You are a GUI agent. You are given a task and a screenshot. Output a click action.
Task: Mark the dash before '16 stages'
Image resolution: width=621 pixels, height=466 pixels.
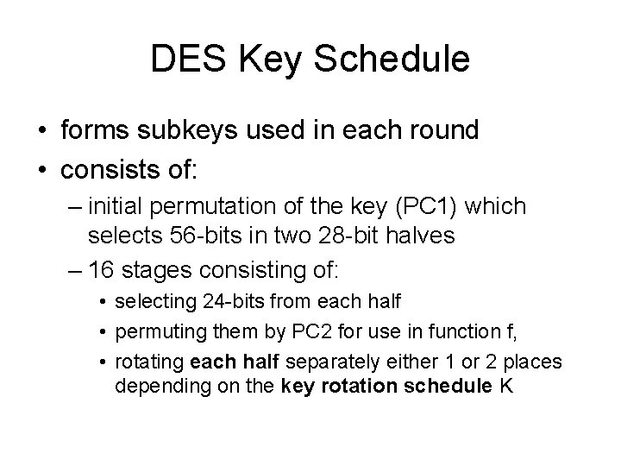(x=73, y=270)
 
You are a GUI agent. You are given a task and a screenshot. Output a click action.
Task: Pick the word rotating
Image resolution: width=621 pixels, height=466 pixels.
(x=146, y=362)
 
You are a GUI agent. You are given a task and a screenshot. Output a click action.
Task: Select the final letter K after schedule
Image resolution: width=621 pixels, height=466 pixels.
(x=506, y=386)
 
